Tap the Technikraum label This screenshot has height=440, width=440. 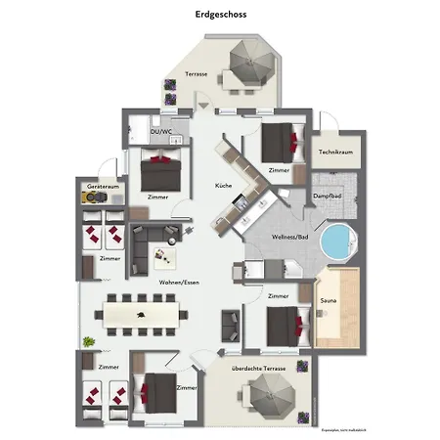(334, 153)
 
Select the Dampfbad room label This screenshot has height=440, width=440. (329, 197)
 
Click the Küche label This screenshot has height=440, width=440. (223, 186)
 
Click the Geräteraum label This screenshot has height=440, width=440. (103, 185)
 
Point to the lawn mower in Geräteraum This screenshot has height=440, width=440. (97, 197)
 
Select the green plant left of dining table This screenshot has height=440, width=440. (89, 341)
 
